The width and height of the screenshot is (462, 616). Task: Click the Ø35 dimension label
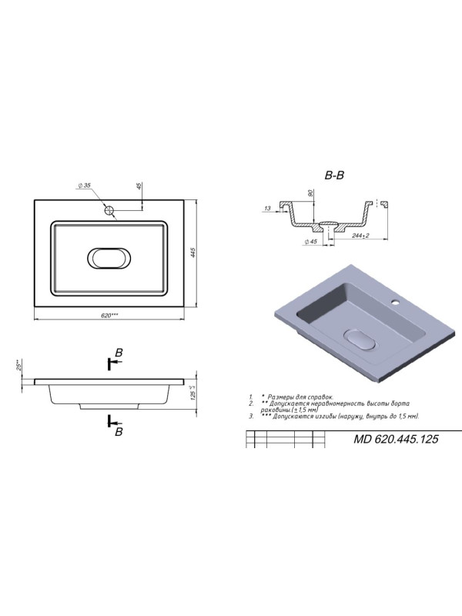85,186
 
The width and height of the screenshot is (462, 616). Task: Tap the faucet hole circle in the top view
110,209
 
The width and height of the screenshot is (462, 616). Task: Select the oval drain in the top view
109,258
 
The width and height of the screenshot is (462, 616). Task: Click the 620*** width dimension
109,314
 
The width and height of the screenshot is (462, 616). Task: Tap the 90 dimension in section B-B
310,193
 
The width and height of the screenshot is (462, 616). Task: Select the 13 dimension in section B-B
266,208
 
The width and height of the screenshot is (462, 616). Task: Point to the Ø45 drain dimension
312,243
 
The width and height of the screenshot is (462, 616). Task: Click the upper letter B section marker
119,353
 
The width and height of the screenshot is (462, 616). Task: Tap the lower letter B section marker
119,432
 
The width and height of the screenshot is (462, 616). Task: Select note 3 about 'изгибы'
339,416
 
